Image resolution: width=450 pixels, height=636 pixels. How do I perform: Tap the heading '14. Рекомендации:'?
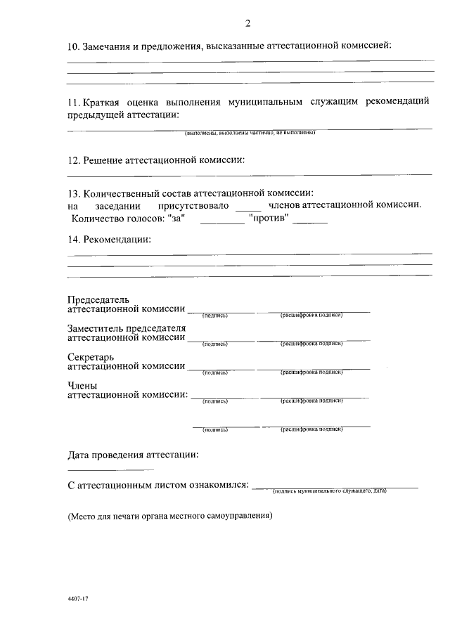click(109, 240)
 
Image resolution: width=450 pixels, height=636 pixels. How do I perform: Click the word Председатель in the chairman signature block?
click(98, 299)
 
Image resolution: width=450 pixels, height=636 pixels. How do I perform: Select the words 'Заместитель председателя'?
click(127, 328)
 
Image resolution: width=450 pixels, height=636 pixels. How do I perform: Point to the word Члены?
click(82, 385)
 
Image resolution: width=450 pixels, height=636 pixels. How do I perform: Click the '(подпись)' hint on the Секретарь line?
click(214, 372)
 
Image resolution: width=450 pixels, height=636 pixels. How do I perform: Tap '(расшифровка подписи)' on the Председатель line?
click(311, 315)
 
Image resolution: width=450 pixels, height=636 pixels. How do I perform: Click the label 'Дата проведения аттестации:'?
click(133, 454)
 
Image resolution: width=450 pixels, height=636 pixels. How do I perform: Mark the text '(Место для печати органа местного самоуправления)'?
click(169, 516)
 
